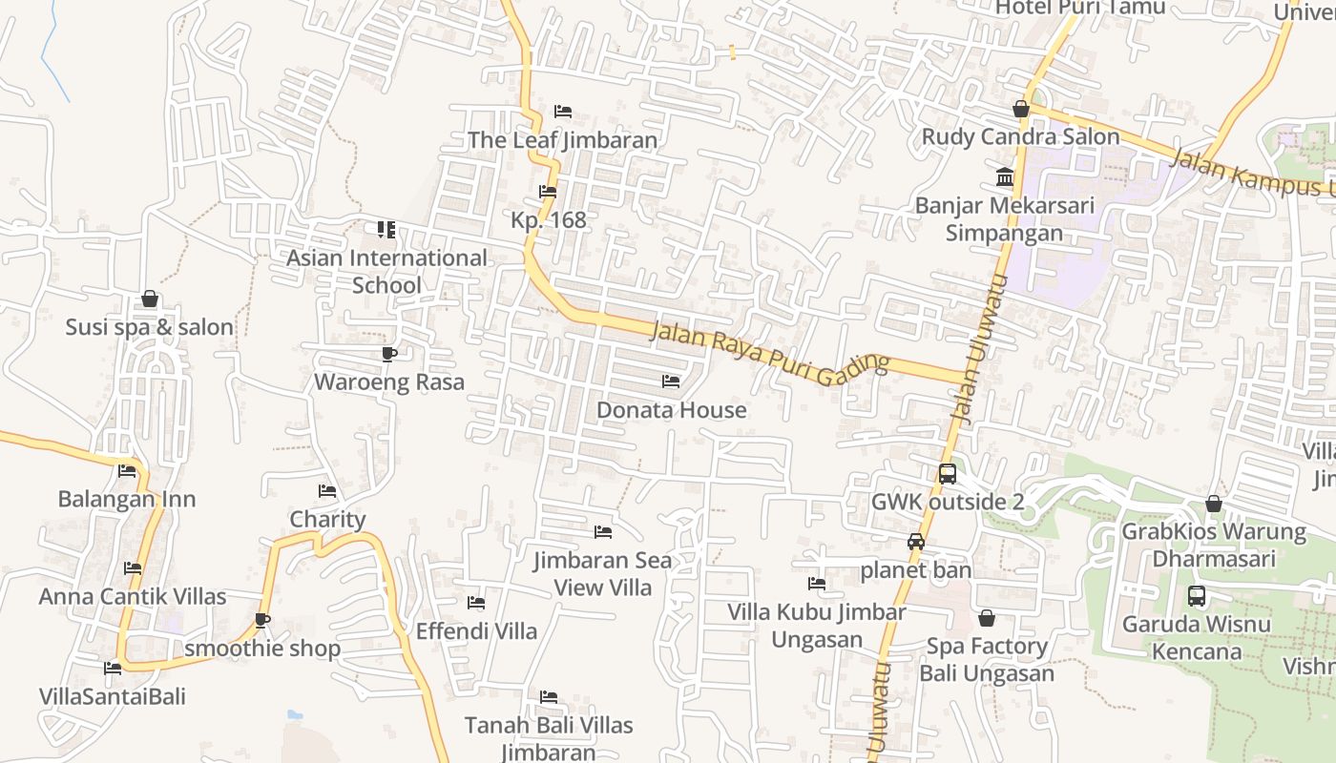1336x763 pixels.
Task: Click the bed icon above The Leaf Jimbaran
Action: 563,112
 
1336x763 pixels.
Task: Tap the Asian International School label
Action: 386,271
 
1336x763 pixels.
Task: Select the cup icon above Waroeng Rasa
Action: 388,355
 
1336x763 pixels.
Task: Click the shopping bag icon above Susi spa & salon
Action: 150,299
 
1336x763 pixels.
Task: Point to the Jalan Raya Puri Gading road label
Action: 769,351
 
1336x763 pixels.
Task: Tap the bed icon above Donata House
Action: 671,381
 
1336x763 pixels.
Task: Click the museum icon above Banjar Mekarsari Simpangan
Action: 1005,177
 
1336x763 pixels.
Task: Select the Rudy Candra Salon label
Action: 1019,136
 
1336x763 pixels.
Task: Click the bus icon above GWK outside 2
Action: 948,474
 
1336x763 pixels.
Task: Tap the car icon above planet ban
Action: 916,542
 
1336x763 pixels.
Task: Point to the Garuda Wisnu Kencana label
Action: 1196,638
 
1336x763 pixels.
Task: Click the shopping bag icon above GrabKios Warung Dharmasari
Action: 1214,504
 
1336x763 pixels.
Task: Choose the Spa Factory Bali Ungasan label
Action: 987,660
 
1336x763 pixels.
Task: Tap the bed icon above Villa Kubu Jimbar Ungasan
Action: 817,584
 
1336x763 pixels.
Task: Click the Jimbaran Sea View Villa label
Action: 603,573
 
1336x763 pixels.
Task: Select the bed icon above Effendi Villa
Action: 476,603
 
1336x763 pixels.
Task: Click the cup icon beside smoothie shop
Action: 262,621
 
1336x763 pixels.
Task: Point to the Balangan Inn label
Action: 127,499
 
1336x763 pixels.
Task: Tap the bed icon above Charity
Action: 327,492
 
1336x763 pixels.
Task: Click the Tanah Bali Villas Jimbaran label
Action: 549,738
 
